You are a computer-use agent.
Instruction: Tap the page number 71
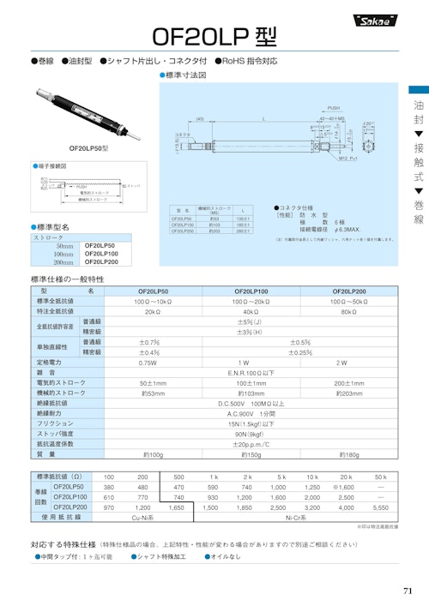coord(407,590)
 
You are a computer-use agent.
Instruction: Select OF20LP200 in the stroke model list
coord(100,262)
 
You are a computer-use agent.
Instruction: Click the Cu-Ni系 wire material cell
coord(142,518)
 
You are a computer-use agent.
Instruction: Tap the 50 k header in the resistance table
coord(380,476)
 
